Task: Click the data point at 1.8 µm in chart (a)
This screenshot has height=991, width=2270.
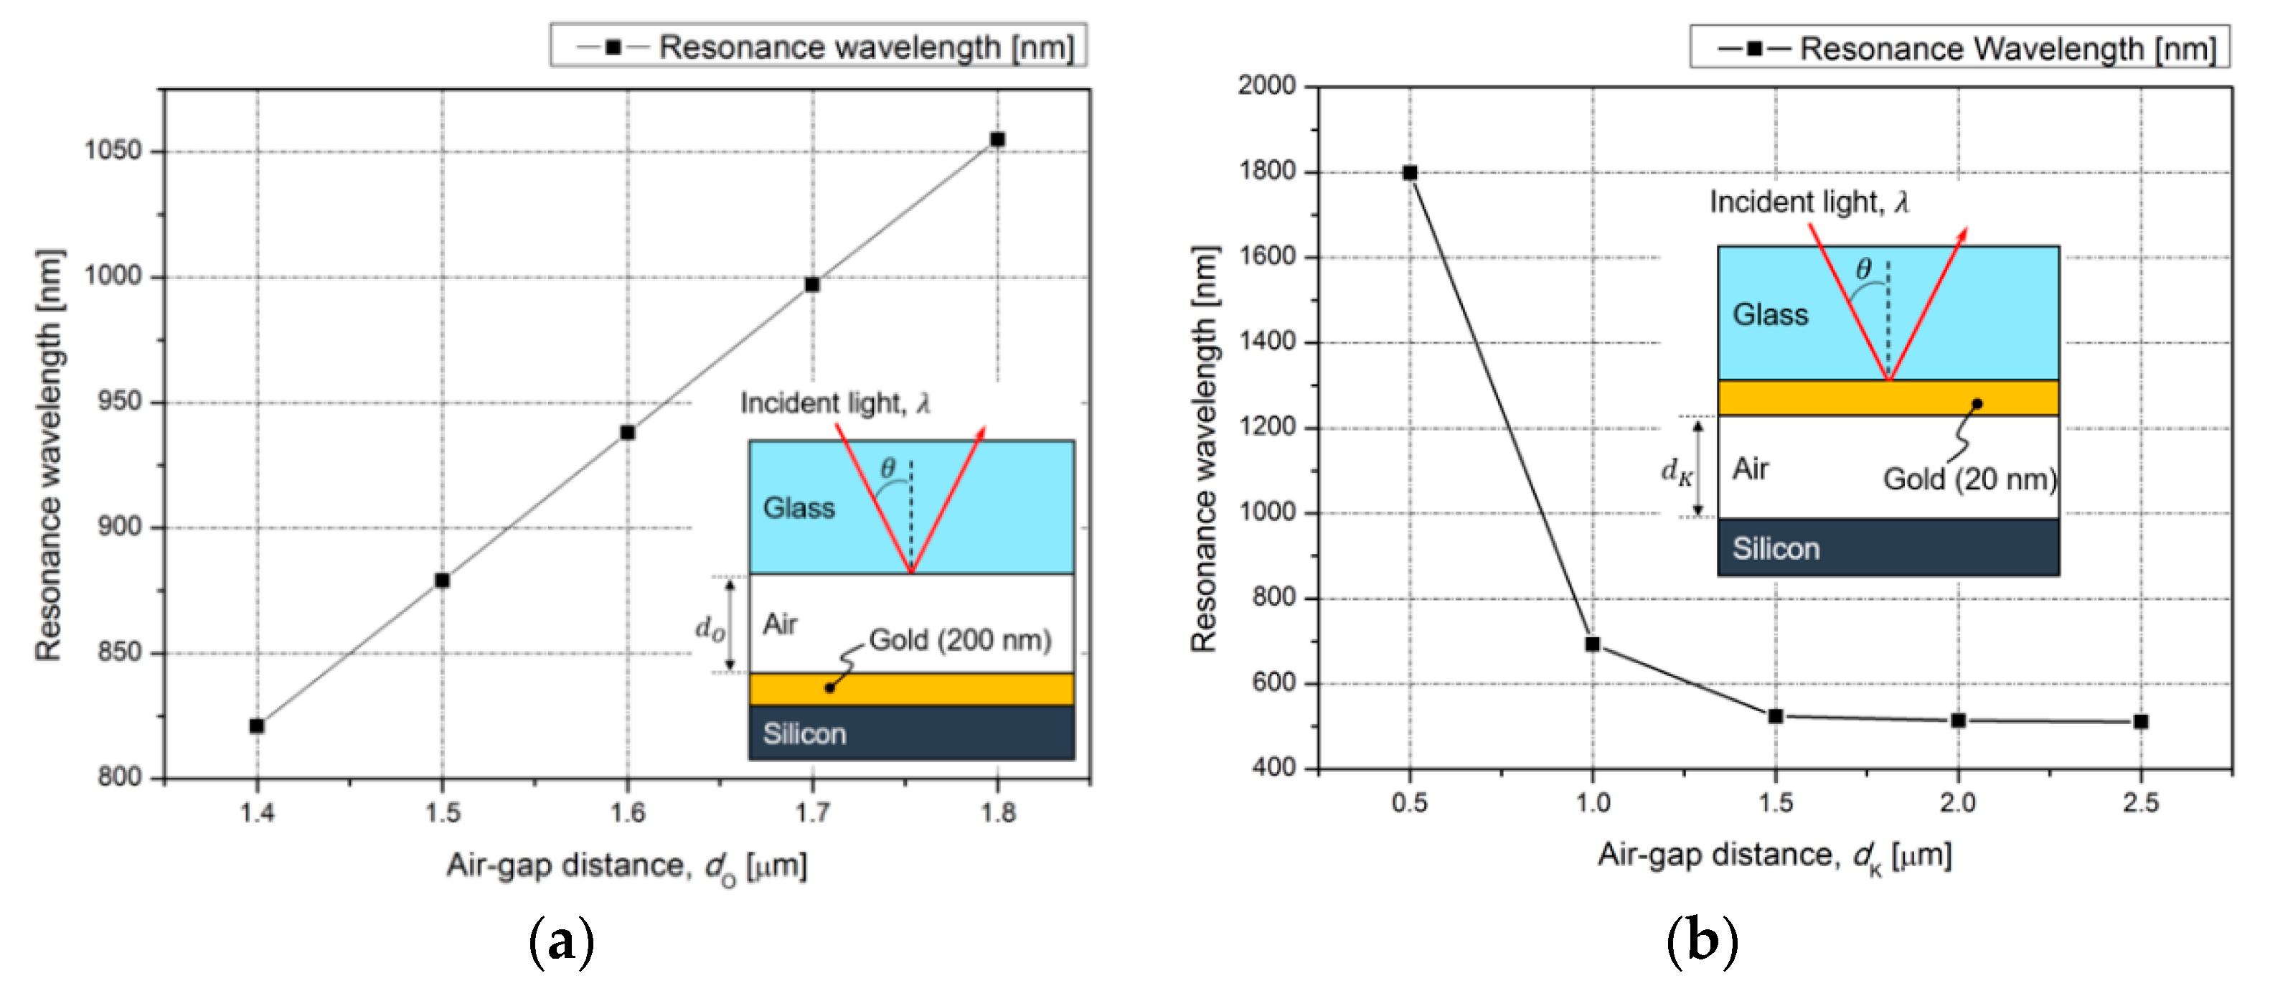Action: (997, 139)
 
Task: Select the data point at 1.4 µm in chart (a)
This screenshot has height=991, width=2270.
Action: (256, 725)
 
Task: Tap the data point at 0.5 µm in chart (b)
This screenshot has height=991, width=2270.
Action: (1410, 173)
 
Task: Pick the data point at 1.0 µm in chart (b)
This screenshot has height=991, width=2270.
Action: (1592, 644)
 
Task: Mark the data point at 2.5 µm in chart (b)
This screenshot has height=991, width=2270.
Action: (2140, 721)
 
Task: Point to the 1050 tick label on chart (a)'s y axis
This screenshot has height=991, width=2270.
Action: (113, 151)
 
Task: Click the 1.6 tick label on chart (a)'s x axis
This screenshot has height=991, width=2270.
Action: (628, 812)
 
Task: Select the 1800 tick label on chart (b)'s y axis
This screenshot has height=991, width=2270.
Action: (1267, 171)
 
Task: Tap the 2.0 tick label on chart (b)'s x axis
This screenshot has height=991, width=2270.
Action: (1958, 802)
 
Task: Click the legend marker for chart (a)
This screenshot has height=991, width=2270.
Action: (613, 47)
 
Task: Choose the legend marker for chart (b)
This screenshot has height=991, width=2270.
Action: (1754, 49)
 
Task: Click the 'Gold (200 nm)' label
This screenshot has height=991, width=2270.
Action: (960, 640)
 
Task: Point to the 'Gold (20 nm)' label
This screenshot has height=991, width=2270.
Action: (1969, 479)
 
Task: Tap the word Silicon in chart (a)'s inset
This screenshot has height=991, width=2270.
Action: (804, 733)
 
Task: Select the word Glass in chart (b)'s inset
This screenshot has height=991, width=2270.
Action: (1771, 315)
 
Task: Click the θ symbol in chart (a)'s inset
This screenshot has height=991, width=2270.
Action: (888, 468)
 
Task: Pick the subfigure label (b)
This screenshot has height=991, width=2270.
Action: (1702, 941)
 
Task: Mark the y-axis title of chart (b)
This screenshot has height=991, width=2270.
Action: (1204, 450)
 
